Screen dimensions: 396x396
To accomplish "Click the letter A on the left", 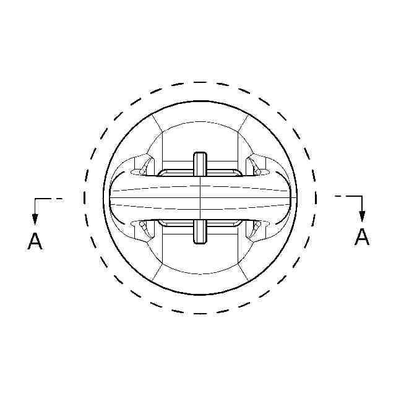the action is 35,241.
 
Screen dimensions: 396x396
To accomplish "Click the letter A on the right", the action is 362,237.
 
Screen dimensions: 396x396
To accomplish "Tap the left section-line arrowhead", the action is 35,219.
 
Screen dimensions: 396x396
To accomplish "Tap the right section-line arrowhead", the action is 362,216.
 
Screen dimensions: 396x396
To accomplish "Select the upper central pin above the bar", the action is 200,164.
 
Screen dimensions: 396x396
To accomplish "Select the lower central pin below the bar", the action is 200,231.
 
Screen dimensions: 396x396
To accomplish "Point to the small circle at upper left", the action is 142,172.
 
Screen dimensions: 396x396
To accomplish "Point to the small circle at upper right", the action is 258,172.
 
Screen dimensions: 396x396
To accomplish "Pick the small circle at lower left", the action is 142,224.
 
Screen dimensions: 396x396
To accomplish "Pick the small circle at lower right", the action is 258,224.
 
